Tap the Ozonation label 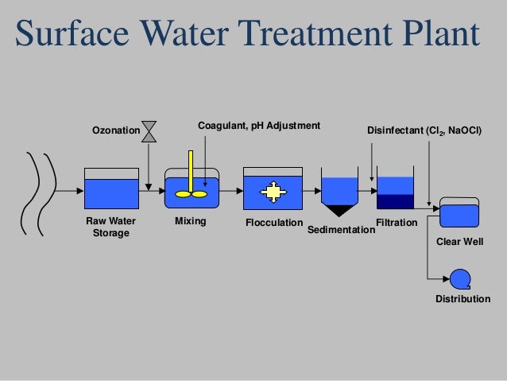click(116, 130)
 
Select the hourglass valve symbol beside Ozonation click(148, 131)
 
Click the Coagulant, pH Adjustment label click(258, 126)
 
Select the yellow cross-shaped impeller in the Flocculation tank click(273, 191)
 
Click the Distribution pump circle click(459, 278)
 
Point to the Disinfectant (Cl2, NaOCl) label click(424, 130)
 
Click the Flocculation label click(274, 222)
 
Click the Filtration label click(395, 222)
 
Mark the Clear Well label click(461, 239)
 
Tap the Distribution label click(462, 300)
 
